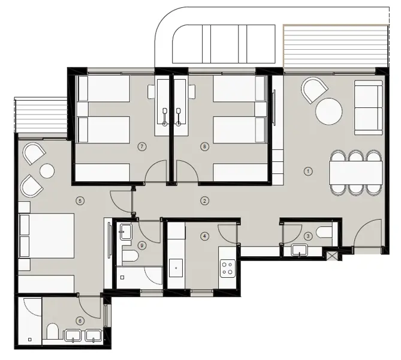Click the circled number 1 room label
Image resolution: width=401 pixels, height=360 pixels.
coord(309,171)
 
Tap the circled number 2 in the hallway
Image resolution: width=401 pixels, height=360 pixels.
coord(204,200)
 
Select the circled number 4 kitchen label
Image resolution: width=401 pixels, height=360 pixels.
coord(204,236)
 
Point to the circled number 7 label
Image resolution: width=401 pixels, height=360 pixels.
coord(141,146)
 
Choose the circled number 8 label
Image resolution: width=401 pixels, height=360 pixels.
coord(204,146)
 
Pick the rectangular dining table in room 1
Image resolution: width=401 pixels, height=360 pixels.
coord(355,173)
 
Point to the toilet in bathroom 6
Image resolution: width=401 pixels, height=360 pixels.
coord(53,332)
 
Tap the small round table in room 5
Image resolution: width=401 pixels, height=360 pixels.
coord(47,171)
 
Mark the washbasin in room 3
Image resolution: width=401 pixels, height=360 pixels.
coord(299,250)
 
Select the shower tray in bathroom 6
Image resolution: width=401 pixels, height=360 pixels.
coord(29,321)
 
